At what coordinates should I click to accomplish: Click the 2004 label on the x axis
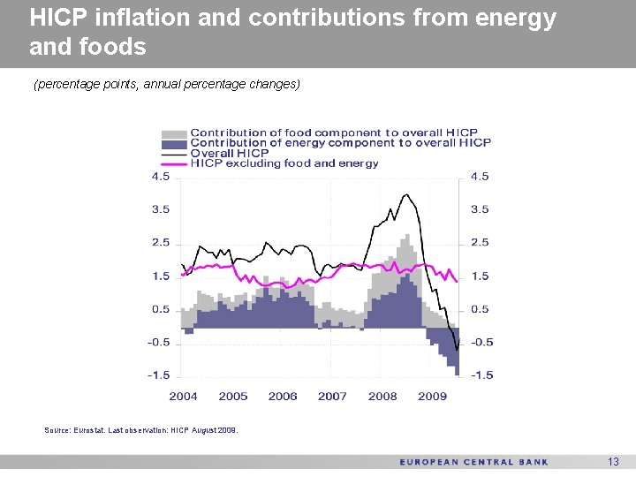pos(183,396)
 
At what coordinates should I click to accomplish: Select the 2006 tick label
pos(283,396)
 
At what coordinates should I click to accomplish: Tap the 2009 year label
pos(432,396)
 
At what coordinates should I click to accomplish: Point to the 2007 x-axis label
pos(332,396)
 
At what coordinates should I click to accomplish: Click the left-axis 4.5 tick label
pos(160,177)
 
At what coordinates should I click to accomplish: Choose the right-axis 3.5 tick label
pos(480,210)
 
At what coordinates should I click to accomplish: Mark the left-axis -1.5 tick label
pos(158,375)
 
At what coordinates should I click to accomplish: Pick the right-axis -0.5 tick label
pos(481,343)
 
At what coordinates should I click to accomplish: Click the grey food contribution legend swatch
pos(174,133)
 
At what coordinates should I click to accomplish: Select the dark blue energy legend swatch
pos(174,143)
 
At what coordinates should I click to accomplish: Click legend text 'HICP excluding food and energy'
pos(284,163)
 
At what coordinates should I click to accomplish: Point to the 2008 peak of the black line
pos(406,194)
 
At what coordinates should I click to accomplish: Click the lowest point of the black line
pos(457,350)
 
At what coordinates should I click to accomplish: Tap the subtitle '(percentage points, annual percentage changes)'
pos(167,85)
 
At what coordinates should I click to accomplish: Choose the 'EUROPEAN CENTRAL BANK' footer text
pos(473,462)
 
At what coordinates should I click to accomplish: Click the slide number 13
pos(614,462)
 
